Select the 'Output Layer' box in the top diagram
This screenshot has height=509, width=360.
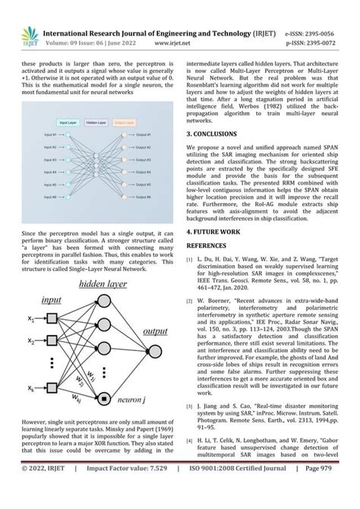(x=125, y=121)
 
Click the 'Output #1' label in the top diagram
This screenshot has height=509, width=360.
(x=142, y=134)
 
